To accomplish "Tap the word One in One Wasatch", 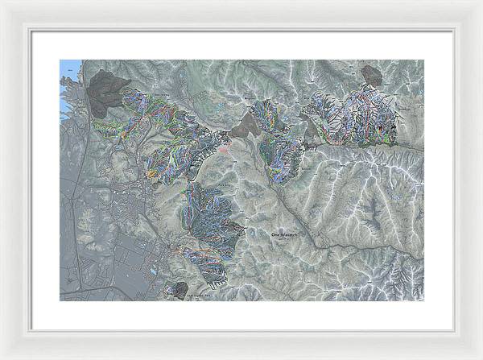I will coord(275,233).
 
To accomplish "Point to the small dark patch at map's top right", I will coord(371,76).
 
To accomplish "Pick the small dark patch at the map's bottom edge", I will coord(180,289).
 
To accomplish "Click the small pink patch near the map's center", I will coord(223,147).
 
